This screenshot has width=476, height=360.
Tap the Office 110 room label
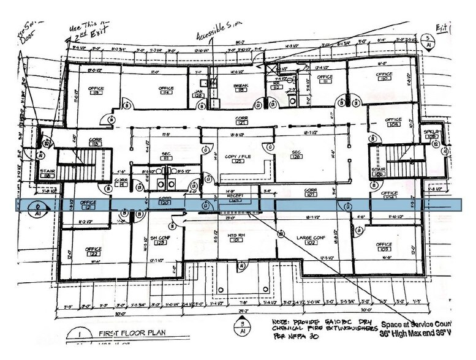click(384, 77)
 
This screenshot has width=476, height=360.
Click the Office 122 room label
click(93, 252)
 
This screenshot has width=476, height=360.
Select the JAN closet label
click(198, 92)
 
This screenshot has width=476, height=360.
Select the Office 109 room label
click(393, 122)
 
